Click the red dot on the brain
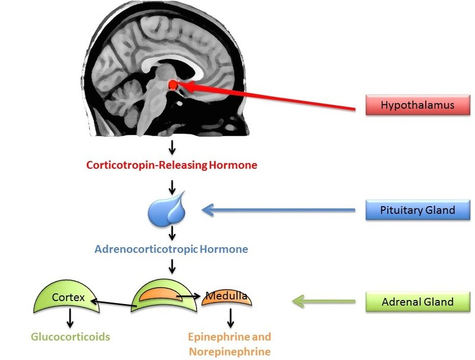[173, 86]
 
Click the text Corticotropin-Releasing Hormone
[172, 165]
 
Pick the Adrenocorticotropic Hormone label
[171, 249]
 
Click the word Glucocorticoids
[71, 337]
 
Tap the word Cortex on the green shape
[68, 296]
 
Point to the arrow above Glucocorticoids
[71, 318]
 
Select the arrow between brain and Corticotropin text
[172, 146]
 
